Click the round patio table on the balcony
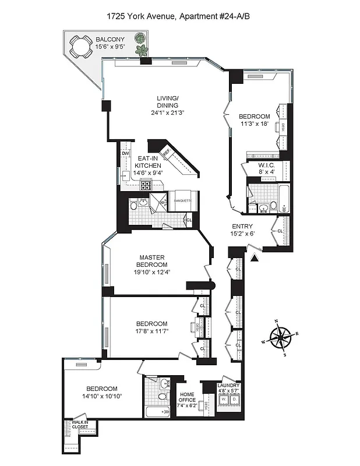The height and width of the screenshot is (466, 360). point(79,45)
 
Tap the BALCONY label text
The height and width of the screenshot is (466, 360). point(110,40)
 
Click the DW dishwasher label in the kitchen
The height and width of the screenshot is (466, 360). point(125,153)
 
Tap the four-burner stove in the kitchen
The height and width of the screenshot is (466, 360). point(144,186)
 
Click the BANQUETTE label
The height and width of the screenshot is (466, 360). point(182,201)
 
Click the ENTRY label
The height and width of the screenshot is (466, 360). point(242,227)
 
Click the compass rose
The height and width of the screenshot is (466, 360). point(281,337)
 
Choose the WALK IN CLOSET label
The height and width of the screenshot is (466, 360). point(80,425)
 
